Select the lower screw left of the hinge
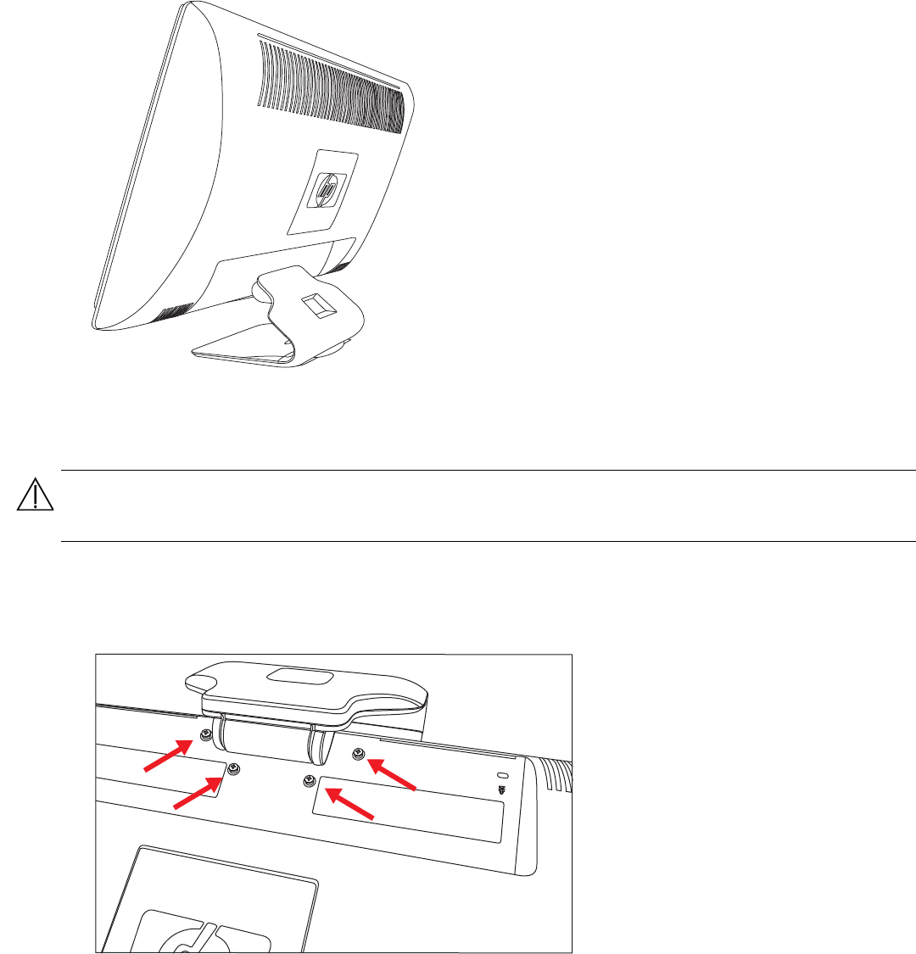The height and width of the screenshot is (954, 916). click(x=234, y=768)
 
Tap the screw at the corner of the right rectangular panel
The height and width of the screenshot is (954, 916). click(x=310, y=778)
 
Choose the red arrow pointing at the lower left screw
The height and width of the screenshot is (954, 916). click(x=200, y=792)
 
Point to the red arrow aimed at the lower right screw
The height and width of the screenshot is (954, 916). click(x=349, y=802)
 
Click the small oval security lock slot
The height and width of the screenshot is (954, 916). click(x=501, y=777)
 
